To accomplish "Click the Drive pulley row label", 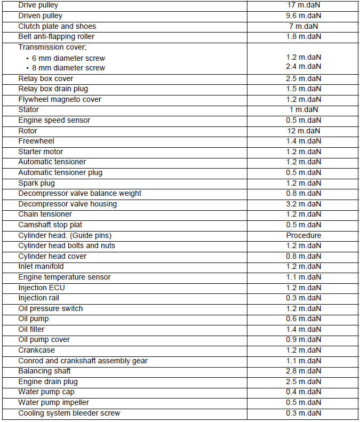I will click(x=39, y=5).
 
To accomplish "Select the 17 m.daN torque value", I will click(x=303, y=5).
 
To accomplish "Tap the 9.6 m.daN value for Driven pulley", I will click(x=303, y=16).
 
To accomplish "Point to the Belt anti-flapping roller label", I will click(x=57, y=37).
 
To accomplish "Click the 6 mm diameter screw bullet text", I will click(x=68, y=58).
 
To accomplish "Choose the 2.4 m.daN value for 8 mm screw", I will click(x=303, y=66).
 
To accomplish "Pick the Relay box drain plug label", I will click(x=53, y=89).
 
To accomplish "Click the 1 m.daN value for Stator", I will click(x=303, y=109).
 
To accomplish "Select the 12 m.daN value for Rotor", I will click(x=303, y=131).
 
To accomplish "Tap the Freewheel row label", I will click(x=36, y=141).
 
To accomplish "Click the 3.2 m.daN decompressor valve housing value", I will click(x=303, y=204).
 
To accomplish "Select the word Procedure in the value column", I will click(x=303, y=235).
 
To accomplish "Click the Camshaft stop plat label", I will click(x=50, y=225).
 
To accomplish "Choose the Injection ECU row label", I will click(x=42, y=288).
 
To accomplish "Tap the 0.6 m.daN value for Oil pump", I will click(x=303, y=319).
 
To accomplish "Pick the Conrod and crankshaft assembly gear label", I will click(x=83, y=361).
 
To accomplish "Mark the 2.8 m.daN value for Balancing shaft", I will click(x=303, y=371).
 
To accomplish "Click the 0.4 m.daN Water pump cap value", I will click(x=303, y=392).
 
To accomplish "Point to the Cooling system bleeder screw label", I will click(x=69, y=413).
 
